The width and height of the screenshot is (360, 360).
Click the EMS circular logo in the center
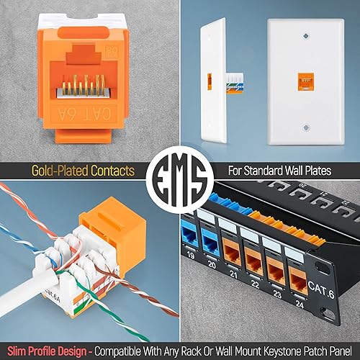[x=180, y=180]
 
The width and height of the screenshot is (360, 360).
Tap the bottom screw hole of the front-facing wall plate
[x=306, y=125]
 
